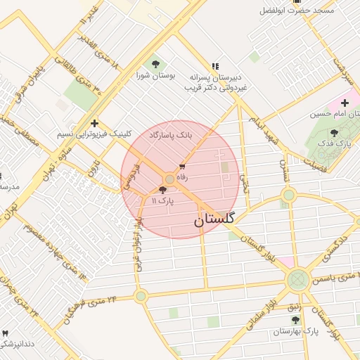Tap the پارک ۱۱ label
(162, 201)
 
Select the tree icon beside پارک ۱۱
(163, 190)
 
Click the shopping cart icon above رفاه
(183, 167)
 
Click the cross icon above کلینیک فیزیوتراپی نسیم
(94, 123)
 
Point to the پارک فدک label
(334, 143)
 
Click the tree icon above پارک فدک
(334, 133)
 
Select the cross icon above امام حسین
(345, 103)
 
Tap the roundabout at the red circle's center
(169, 180)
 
